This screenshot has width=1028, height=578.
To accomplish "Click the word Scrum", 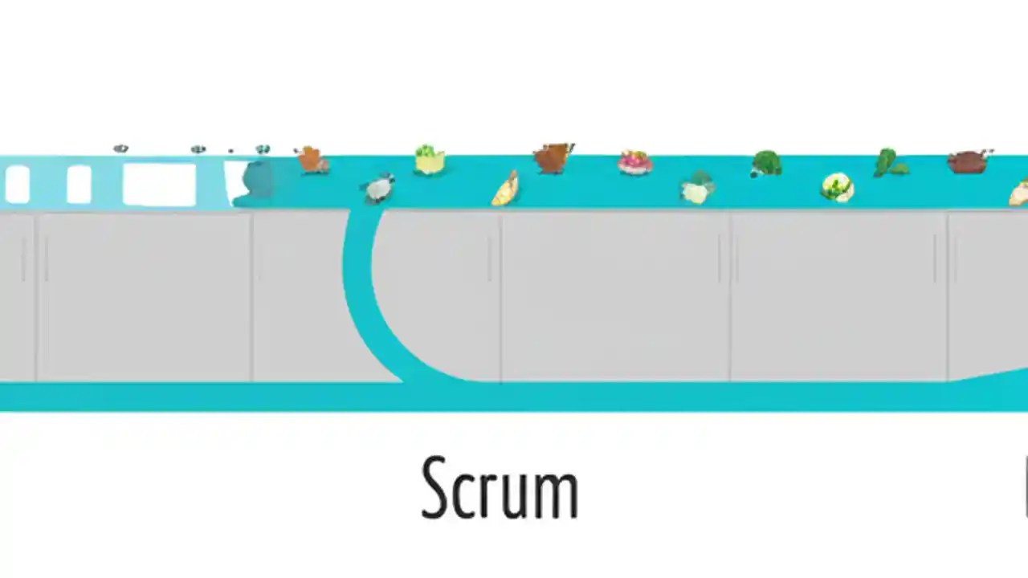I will pos(500,488).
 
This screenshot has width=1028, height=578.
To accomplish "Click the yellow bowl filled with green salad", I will pos(430,159).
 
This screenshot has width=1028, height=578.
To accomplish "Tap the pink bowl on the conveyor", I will pos(634,162).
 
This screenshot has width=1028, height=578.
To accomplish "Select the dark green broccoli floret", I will pos(766,164).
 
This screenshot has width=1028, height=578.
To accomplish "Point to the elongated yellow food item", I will pos(505,189).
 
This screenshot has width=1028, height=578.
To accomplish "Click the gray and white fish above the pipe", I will pos(377,189).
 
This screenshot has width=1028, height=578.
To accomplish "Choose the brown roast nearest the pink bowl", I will pos(553,158).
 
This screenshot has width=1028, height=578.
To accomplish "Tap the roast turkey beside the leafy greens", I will pos(969,161).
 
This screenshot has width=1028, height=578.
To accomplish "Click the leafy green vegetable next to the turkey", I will pos(889,163).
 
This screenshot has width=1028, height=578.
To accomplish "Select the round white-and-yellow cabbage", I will pos(837,188).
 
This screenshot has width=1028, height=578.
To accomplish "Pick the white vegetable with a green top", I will pos(697,189).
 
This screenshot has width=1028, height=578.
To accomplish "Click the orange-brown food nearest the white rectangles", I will pos(312,160).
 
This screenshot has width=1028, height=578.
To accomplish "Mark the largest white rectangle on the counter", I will pos(159,184).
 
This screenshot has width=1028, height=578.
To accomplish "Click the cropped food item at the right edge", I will pos(1020,193).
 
